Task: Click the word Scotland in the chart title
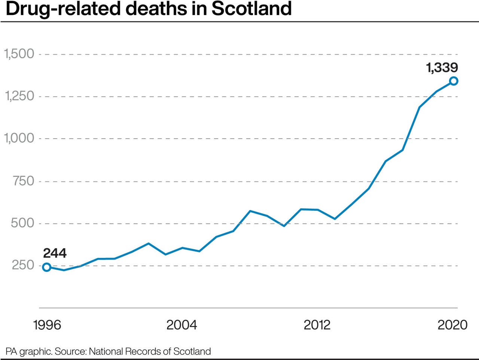point(251,8)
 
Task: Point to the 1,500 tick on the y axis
point(19,54)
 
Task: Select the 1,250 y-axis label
point(19,96)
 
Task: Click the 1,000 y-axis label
point(19,138)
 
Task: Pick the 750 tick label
point(23,181)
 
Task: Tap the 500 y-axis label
point(22,223)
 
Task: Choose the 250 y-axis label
point(23,265)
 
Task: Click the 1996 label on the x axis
point(47,324)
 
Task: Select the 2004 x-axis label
point(181,324)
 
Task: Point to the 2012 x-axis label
point(317,324)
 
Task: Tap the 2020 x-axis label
point(452,324)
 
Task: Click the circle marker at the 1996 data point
point(47,267)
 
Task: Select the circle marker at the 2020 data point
point(454,81)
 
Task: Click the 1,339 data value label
point(442,68)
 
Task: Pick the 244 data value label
point(55,253)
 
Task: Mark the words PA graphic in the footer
point(29,351)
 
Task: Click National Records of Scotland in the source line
point(150,351)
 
